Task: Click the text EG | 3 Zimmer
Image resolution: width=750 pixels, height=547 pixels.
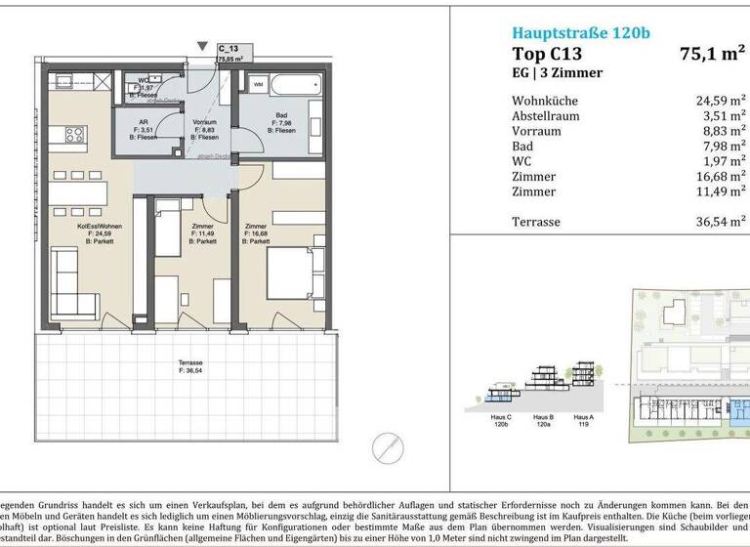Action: coord(558,74)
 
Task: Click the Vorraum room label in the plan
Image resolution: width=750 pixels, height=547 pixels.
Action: coord(203,119)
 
